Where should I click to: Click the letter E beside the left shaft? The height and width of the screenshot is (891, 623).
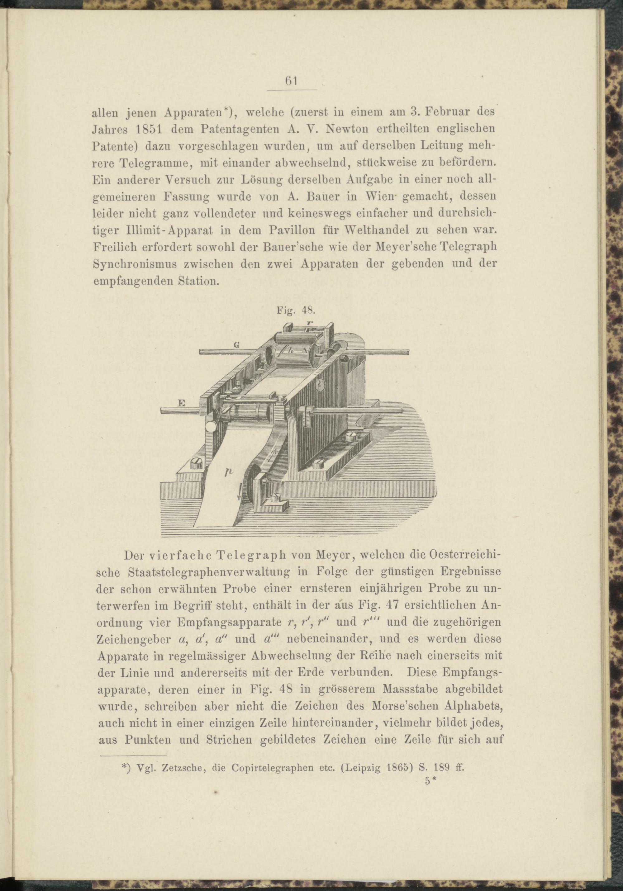181,404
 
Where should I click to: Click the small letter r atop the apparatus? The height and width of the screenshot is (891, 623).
309,322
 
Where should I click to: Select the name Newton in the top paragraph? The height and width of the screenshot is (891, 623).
342,129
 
